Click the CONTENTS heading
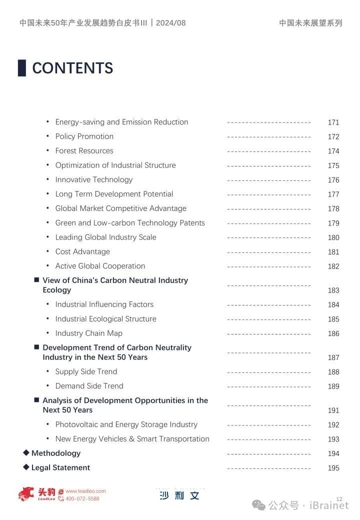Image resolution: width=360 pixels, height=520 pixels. pos(72,68)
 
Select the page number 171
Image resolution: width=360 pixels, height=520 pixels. pos(333,122)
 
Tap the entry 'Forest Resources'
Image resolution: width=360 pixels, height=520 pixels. pos(84,151)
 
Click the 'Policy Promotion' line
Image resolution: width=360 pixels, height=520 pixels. pos(84,136)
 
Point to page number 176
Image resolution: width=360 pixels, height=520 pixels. pos(333,180)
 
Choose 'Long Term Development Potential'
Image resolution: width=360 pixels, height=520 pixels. pos(114,194)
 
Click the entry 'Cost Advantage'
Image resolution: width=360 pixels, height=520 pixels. pos(82,251)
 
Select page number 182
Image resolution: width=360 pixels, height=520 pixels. pos(333,266)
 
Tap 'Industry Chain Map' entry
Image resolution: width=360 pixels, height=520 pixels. pos(88,333)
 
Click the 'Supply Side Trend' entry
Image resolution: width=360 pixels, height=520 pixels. pos(86,371)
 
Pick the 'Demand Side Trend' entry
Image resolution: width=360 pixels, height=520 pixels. pos(89,386)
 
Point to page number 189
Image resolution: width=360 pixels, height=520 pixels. pos(333,386)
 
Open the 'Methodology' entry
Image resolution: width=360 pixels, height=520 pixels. pos(56,453)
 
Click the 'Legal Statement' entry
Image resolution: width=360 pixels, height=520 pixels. pos(60,467)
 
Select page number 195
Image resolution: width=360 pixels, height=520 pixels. pos(333,468)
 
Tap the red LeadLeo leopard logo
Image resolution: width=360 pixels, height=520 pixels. pos(27,494)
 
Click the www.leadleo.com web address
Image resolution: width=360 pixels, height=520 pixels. pos(85,491)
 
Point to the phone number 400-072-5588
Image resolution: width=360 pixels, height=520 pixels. pos(82,498)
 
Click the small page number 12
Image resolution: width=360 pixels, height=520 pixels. pos(339,499)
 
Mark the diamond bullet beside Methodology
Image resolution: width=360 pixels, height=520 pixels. pos(26,453)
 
